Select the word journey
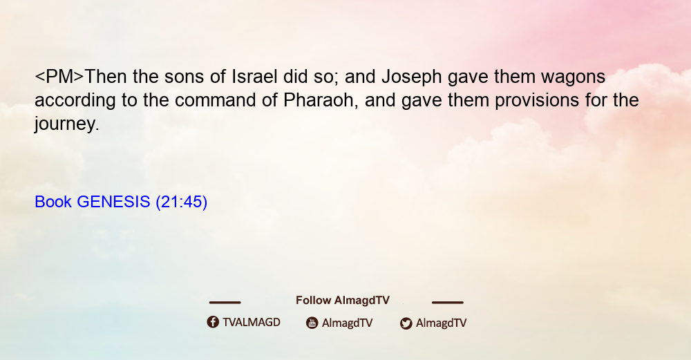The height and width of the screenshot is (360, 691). pos(67,124)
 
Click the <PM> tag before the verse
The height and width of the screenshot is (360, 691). pos(59,77)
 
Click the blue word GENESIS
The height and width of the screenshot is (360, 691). pos(113,202)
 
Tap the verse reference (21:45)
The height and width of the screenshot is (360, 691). pos(182,202)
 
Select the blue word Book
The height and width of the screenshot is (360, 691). pos(53,202)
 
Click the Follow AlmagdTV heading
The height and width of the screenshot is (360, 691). pos(343,301)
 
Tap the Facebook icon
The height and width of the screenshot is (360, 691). pos(213,322)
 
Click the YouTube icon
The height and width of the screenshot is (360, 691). pos(312,323)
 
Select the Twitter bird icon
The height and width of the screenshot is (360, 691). pos(406,323)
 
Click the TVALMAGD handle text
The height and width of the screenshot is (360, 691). pos(252,323)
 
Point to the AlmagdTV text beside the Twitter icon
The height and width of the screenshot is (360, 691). pos(441,323)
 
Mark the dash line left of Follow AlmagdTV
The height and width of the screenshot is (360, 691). pos(225,303)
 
